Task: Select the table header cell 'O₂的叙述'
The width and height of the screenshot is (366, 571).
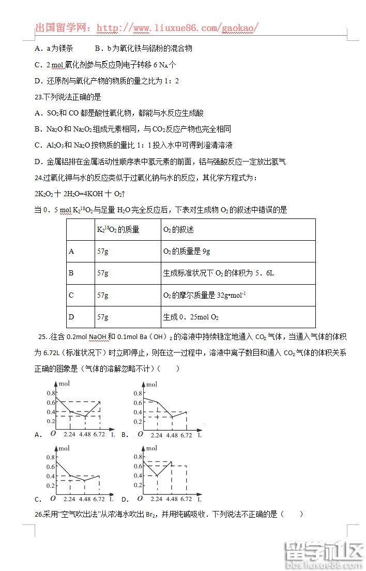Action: (x=178, y=229)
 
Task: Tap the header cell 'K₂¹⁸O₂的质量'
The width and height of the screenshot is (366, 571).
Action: (x=118, y=229)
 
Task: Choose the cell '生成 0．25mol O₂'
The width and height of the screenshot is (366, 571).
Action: (x=191, y=317)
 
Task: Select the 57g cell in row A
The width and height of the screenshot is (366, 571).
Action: (x=103, y=251)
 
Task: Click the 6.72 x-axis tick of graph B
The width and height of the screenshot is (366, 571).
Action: (x=186, y=435)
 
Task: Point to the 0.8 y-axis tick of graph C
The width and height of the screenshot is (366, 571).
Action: (x=51, y=457)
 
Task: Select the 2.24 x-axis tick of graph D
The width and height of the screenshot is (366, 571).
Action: (x=157, y=499)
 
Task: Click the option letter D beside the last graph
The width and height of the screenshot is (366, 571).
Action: (x=125, y=500)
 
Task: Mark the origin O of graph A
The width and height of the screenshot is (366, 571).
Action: (x=53, y=434)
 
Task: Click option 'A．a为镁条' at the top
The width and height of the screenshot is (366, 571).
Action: (x=54, y=48)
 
